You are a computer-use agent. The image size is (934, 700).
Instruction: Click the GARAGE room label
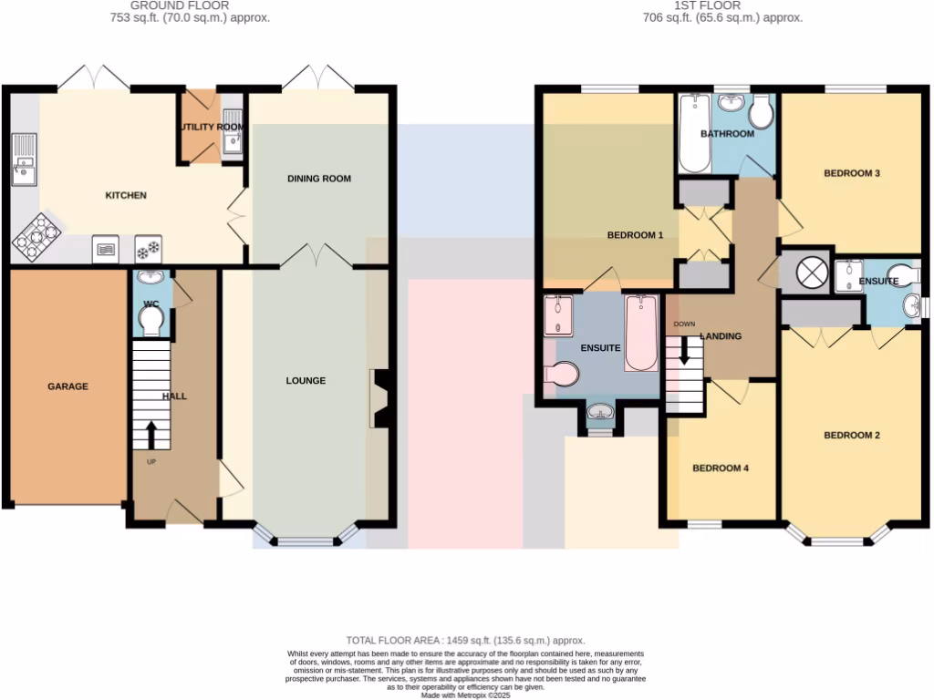tap(68, 386)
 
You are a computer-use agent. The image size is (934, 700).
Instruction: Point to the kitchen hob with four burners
tap(36, 237)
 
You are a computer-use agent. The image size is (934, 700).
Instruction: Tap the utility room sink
tap(232, 139)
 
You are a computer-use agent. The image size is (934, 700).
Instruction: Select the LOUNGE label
tap(306, 380)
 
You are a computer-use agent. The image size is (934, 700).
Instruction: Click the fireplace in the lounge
tap(379, 398)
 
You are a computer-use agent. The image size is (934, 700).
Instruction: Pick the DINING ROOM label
tap(319, 179)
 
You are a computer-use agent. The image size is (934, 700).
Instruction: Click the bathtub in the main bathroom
tap(694, 136)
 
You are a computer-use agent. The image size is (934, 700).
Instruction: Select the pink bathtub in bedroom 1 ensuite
tap(640, 334)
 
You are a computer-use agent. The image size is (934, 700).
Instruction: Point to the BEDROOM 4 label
tap(721, 468)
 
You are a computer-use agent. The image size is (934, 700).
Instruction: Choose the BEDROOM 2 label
tap(852, 436)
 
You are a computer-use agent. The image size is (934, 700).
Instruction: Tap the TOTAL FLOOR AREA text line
tap(465, 641)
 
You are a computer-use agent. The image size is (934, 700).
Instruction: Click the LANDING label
tap(721, 336)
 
